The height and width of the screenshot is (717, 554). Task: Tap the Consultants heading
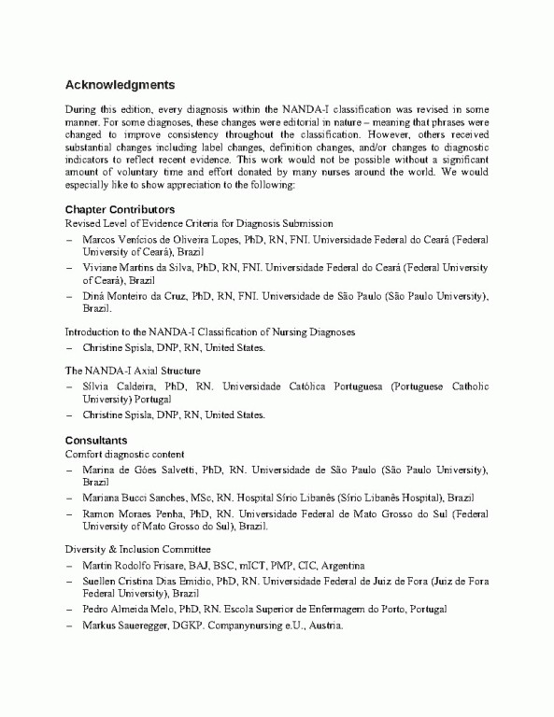[96, 440]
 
